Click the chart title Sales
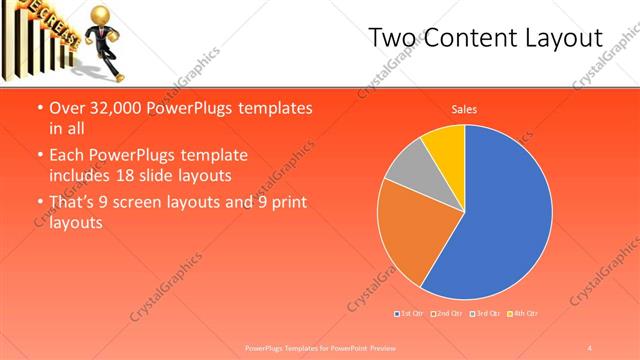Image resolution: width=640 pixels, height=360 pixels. click(464, 108)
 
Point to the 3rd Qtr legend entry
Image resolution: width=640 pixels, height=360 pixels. click(486, 314)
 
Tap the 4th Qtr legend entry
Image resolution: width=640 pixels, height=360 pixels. click(524, 314)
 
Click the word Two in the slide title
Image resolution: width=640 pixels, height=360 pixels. click(390, 38)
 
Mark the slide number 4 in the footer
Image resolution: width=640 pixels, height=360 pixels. click(591, 347)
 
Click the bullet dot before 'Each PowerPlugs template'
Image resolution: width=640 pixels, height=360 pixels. click(38, 156)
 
